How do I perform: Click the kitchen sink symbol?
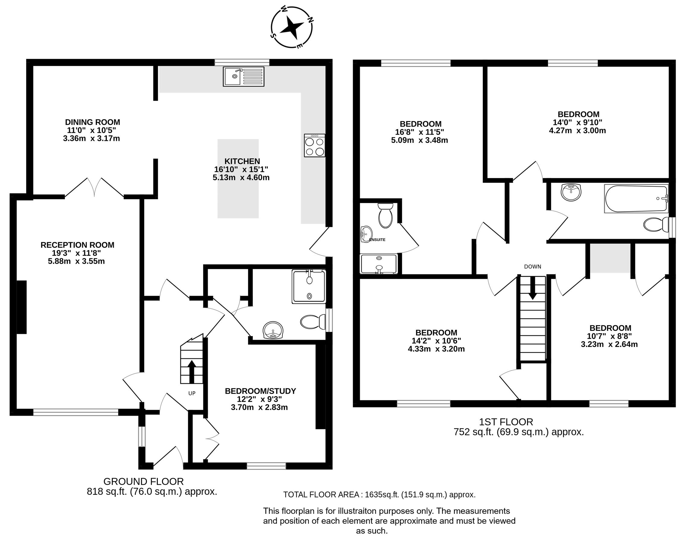click(243, 76)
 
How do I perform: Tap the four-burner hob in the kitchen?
click(314, 145)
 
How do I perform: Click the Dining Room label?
click(93, 122)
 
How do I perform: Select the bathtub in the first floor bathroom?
click(636, 199)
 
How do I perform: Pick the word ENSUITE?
click(377, 240)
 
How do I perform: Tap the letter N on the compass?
click(310, 20)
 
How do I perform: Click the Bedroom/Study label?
click(260, 391)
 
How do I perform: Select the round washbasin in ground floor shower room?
click(273, 331)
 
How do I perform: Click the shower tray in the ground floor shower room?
click(309, 286)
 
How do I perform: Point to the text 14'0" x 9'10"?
click(577, 122)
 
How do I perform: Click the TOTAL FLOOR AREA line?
click(379, 495)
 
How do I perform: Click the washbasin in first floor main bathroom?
click(571, 192)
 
